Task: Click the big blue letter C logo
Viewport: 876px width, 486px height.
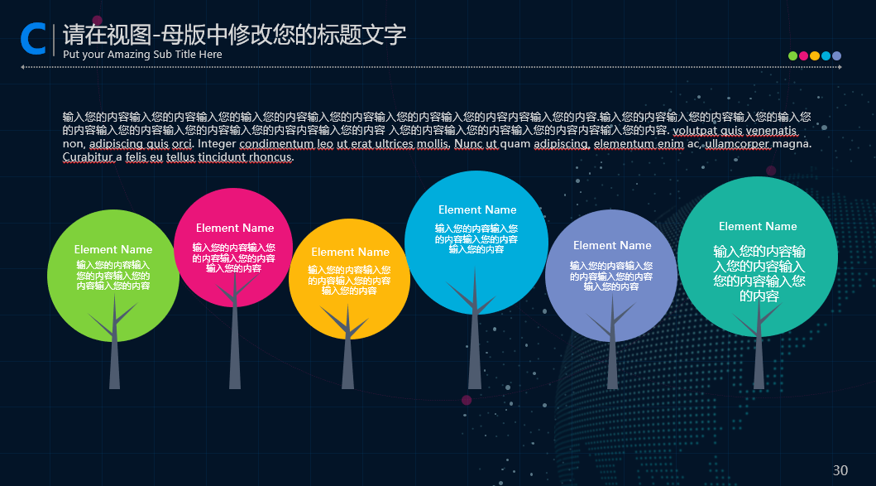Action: click(33, 39)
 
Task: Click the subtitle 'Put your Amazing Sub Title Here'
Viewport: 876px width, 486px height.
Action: click(142, 55)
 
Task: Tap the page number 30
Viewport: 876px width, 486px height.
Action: click(840, 470)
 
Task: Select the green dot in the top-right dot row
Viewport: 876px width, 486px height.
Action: click(792, 56)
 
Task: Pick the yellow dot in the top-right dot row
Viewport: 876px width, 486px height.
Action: click(815, 56)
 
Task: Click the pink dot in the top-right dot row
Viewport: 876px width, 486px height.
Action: click(803, 56)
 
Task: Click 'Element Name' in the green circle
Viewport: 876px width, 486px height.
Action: click(112, 249)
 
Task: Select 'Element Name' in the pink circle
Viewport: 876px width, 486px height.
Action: click(235, 229)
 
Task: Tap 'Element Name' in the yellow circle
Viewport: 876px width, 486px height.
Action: click(350, 253)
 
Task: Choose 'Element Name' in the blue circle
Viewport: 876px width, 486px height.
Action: click(477, 209)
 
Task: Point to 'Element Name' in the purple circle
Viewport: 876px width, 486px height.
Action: click(612, 246)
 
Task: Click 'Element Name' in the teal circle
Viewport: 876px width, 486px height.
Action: click(758, 227)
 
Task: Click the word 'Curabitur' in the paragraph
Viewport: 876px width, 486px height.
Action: click(88, 157)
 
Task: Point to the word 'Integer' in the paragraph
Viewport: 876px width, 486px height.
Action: click(216, 144)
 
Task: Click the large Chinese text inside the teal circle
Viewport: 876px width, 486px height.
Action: click(759, 273)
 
